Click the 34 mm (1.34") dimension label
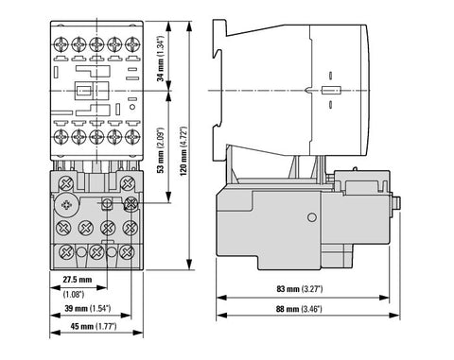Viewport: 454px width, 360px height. coord(161,59)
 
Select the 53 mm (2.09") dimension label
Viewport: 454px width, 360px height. coord(161,150)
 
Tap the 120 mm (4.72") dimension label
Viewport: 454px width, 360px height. coord(183,151)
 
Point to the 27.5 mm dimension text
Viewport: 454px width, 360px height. coord(78,280)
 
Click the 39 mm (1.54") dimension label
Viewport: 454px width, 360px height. coord(88,308)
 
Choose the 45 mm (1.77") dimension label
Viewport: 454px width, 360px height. coord(94,326)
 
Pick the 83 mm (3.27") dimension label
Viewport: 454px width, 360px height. coord(300,288)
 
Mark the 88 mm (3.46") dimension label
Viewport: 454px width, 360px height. coord(299,309)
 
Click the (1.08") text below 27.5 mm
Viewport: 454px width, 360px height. coord(74,295)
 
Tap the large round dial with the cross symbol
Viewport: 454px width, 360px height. coord(66,205)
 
